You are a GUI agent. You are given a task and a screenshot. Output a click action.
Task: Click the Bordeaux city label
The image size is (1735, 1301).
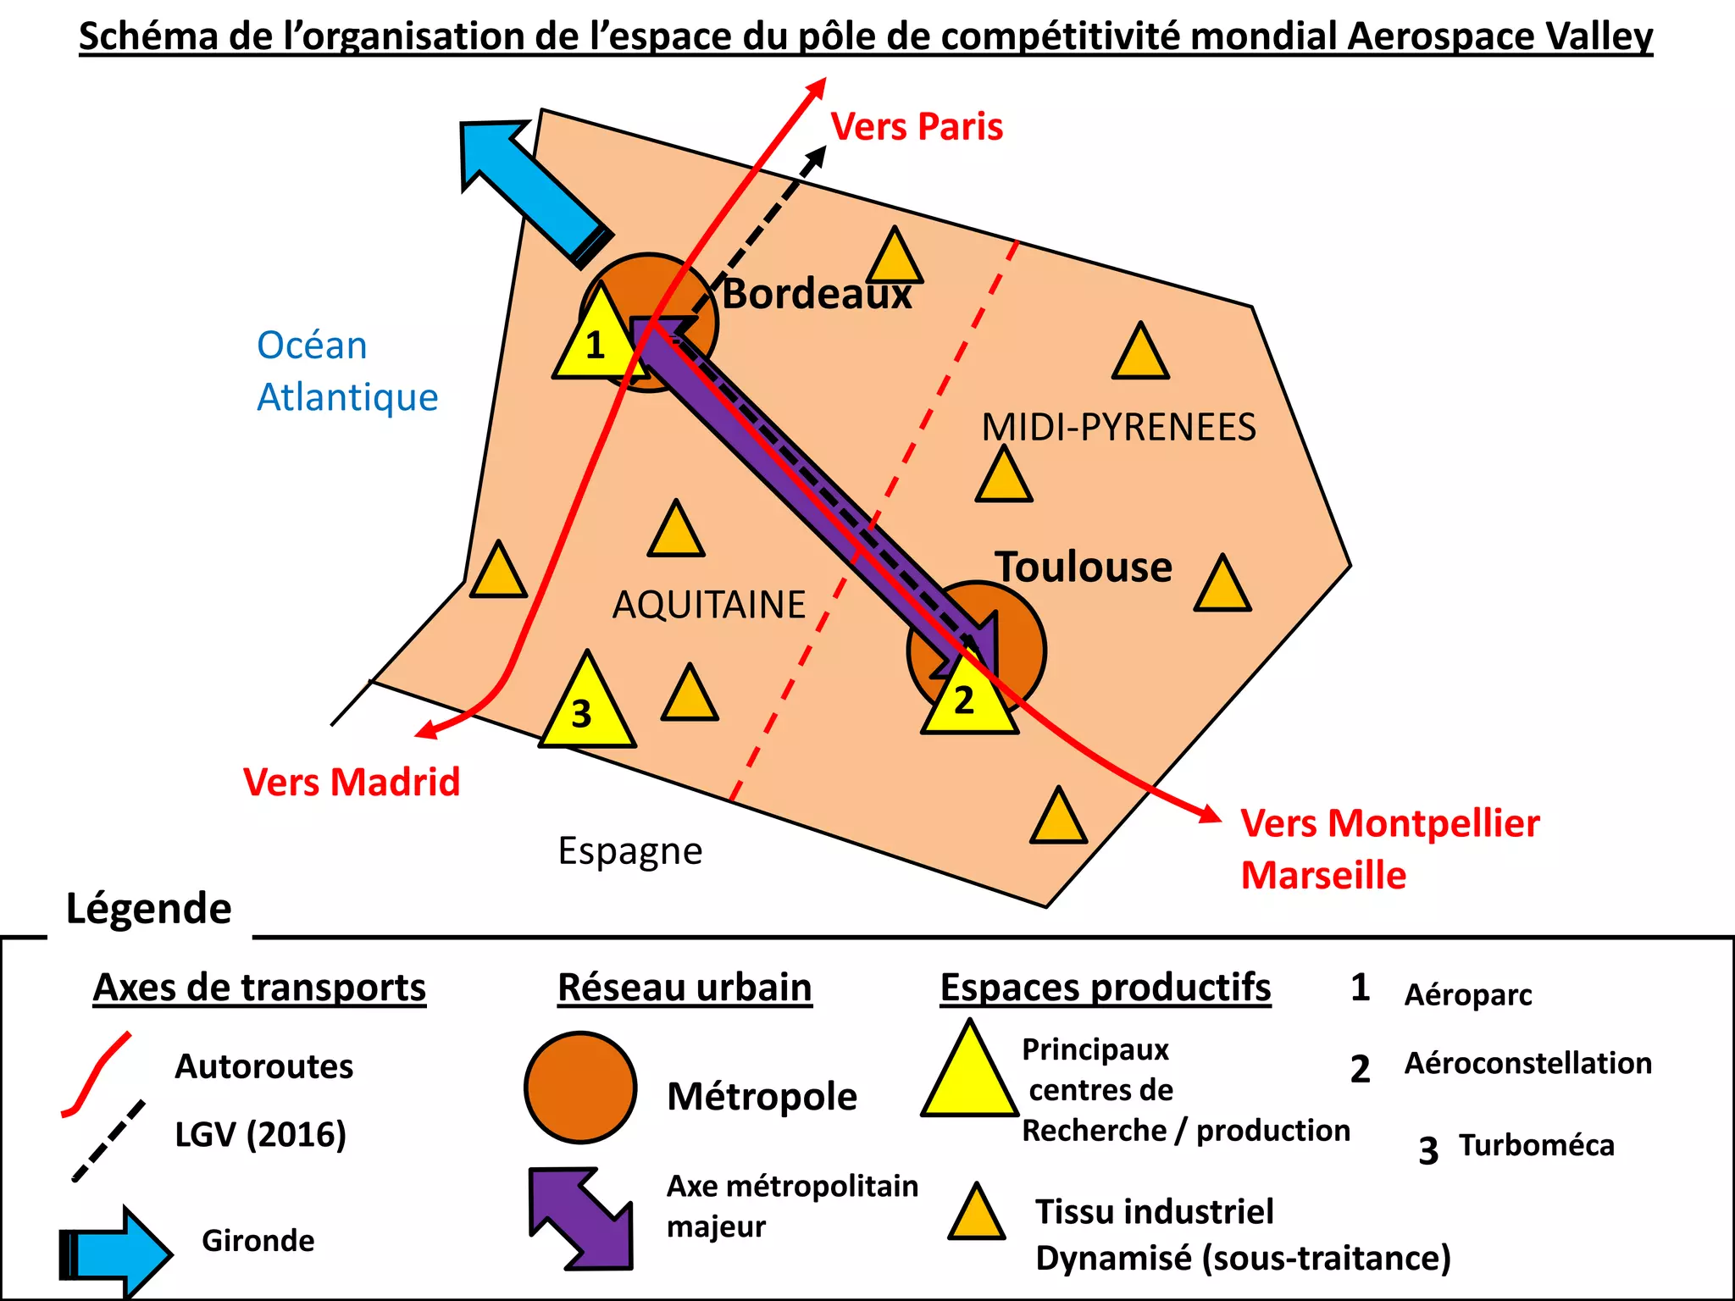point(817,294)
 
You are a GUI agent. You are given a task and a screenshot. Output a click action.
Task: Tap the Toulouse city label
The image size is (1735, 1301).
point(1084,567)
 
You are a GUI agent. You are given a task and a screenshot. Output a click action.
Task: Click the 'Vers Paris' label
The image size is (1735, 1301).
point(917,127)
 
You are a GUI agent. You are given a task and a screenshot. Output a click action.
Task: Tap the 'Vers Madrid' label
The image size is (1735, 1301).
point(352,782)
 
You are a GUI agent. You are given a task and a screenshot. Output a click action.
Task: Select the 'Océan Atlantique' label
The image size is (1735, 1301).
point(347,371)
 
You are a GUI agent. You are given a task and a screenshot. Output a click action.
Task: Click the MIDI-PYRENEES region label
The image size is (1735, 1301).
point(1118,427)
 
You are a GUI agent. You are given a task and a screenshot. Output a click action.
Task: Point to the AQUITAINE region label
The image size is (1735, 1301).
point(709,605)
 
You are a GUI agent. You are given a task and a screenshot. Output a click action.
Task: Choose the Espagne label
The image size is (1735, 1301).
point(630,850)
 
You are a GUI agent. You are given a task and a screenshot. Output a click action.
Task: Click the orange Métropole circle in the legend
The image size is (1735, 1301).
point(580,1088)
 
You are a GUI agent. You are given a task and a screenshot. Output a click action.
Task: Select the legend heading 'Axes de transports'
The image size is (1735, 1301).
point(259,988)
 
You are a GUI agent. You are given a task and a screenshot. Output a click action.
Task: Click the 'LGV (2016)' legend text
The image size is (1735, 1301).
point(261,1134)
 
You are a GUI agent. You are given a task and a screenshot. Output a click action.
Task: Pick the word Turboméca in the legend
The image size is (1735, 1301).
point(1536,1145)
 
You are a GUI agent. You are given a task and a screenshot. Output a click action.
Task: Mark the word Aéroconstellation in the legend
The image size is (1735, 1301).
point(1527,1063)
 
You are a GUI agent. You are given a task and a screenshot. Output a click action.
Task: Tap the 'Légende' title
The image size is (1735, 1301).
point(149,909)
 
